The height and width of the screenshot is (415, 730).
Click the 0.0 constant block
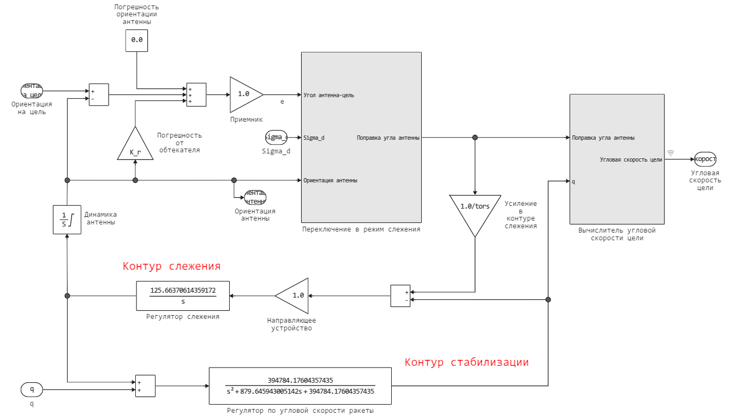click(x=136, y=40)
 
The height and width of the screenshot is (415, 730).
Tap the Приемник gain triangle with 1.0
click(x=244, y=94)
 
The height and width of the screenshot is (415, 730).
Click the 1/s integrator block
click(x=67, y=220)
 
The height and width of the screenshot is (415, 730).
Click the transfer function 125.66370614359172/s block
click(x=183, y=295)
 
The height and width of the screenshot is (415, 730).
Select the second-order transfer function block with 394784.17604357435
click(x=300, y=386)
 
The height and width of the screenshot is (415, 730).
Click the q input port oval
click(x=32, y=389)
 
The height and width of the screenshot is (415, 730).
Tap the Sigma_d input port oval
click(x=276, y=137)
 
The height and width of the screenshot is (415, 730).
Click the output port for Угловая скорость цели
click(x=704, y=159)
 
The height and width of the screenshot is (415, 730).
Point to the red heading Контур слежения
click(x=171, y=266)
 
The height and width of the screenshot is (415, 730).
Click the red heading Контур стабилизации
click(x=466, y=363)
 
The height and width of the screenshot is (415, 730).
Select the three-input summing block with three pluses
click(x=196, y=94)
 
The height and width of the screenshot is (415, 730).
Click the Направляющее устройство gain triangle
click(x=294, y=295)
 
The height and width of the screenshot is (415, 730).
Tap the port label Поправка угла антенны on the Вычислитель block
click(x=603, y=138)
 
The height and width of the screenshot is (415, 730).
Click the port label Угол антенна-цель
click(x=328, y=95)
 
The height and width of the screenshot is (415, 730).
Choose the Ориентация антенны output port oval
click(x=255, y=197)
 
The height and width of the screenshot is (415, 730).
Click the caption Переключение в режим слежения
click(x=361, y=229)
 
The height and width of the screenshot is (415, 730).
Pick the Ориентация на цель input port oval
click(x=32, y=91)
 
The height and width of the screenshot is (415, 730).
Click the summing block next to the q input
click(x=145, y=386)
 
